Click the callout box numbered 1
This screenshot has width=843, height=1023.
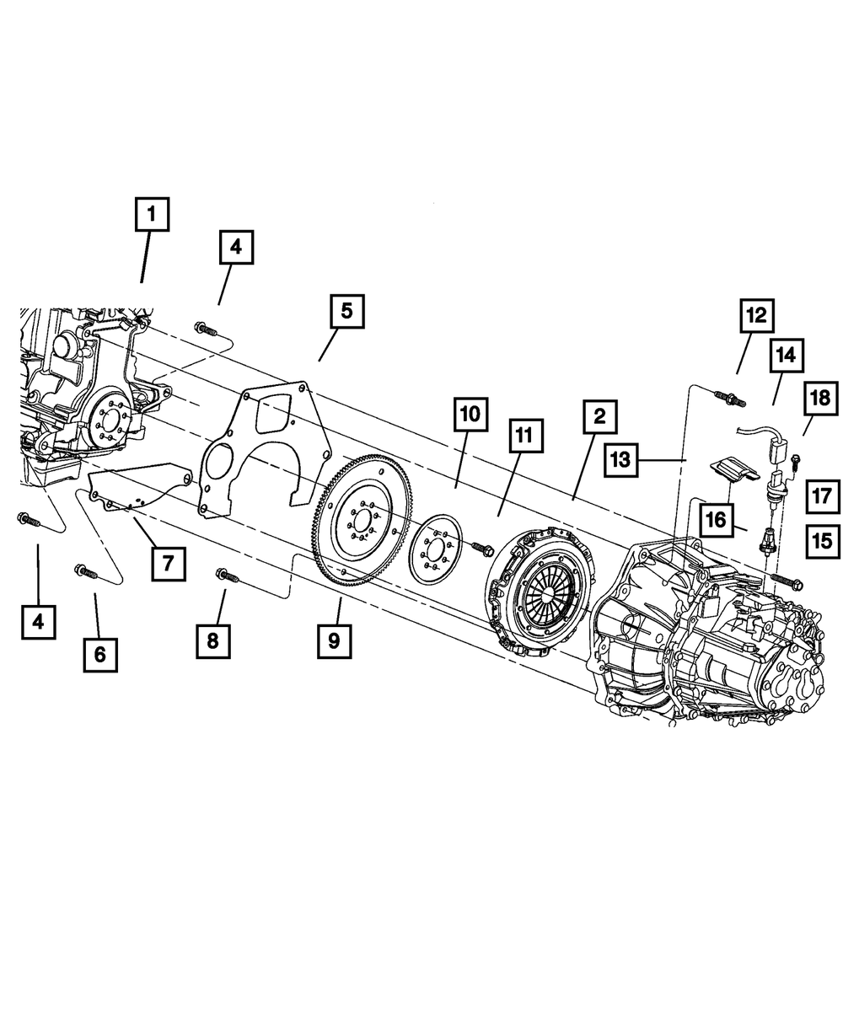(x=152, y=214)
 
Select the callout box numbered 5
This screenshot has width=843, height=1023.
(x=346, y=311)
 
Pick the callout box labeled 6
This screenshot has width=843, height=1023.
(x=100, y=654)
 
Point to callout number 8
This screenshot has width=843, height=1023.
(x=212, y=640)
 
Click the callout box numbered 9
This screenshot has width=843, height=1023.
(x=334, y=640)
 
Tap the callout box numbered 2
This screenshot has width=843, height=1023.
(x=599, y=415)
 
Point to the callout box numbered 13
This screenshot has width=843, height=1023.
(x=620, y=459)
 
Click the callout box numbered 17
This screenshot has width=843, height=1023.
(x=823, y=495)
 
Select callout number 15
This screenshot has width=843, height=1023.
(x=823, y=540)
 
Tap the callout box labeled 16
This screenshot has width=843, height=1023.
(x=715, y=520)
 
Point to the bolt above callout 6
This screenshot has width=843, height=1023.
(x=87, y=573)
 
